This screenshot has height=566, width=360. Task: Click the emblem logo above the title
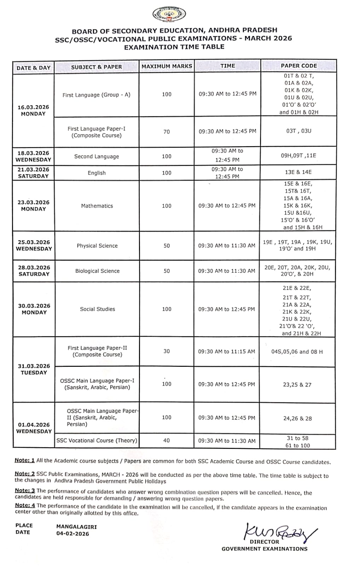pos(169,15)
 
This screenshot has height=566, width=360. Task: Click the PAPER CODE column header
pos(298,66)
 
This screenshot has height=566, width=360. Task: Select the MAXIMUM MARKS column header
pos(167,66)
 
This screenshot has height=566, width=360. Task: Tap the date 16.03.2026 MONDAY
pos(33,110)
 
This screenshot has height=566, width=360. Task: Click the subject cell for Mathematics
pos(97,206)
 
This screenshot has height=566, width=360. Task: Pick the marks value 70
pos(167,132)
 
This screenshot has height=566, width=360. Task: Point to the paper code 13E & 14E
pos(298,172)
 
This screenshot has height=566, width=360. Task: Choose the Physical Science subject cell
pos(97,246)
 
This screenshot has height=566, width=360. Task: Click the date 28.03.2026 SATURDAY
pos(34,271)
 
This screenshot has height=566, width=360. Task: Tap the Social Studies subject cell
pos(98,309)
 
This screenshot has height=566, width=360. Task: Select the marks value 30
pos(167,351)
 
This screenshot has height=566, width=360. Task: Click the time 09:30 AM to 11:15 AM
pos(226,352)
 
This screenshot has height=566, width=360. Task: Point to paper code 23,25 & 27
pos(297,385)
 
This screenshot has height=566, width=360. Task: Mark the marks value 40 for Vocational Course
pos(167,440)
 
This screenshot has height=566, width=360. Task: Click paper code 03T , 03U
pos(299,131)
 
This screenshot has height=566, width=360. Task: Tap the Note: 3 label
pos(25,491)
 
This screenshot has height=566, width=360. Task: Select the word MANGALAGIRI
pos(76,527)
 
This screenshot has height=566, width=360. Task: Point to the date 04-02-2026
pos(72,534)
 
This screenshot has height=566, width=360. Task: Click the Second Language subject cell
pos(97,156)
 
